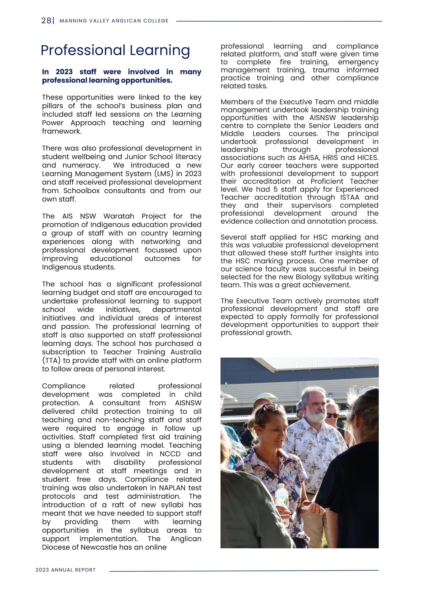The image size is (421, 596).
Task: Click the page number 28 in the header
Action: click(x=46, y=21)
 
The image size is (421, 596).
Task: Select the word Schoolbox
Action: click(x=81, y=191)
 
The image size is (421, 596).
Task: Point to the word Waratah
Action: click(x=119, y=216)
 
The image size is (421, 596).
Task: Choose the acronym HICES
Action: click(x=367, y=158)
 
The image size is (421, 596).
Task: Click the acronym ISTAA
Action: click(x=350, y=197)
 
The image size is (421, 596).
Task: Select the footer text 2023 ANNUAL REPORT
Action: click(x=66, y=570)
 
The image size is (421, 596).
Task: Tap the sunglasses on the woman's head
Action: click(x=267, y=410)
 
